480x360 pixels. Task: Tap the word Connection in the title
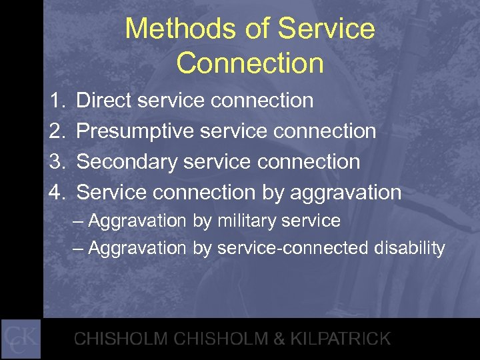click(x=250, y=64)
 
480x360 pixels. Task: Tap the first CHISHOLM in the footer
click(x=121, y=339)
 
